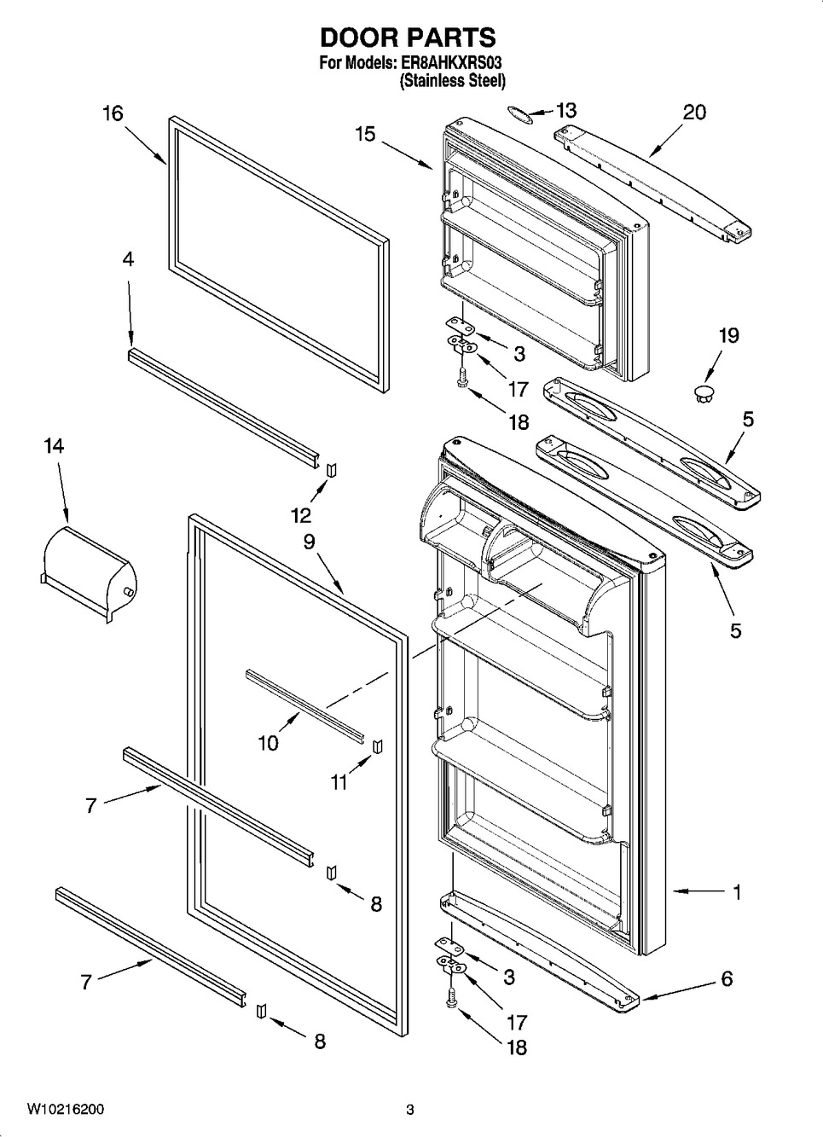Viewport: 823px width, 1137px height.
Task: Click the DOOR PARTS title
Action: [x=408, y=37]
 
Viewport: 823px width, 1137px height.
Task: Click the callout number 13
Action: [x=566, y=110]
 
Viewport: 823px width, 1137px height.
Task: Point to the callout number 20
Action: [x=694, y=113]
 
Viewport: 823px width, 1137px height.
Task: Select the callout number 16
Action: [x=113, y=113]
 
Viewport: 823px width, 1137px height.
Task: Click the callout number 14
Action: [x=54, y=446]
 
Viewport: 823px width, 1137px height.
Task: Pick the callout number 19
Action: [x=729, y=335]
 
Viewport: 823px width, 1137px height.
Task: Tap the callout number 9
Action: [x=309, y=542]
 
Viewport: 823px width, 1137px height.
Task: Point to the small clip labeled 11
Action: [x=378, y=747]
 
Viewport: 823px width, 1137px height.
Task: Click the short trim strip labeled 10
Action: [x=305, y=706]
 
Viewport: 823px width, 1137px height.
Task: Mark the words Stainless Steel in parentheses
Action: [x=453, y=81]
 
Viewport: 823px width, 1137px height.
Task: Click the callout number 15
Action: [x=365, y=135]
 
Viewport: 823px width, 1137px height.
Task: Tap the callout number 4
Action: [x=128, y=260]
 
